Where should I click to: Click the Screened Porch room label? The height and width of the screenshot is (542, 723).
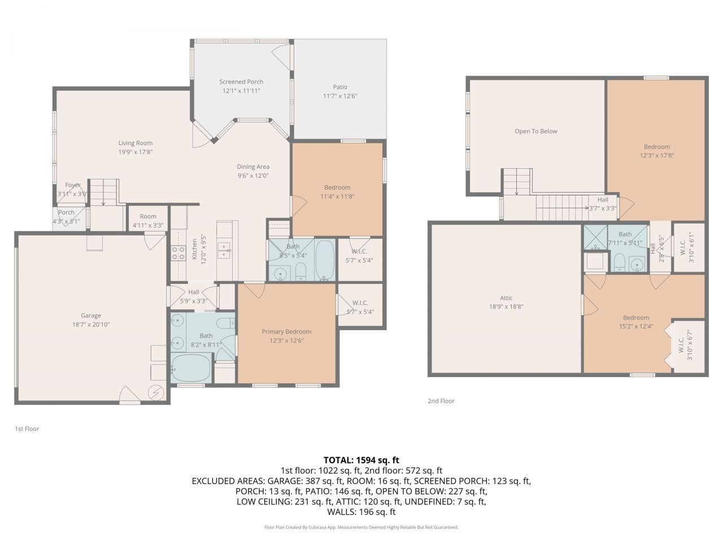(241, 82)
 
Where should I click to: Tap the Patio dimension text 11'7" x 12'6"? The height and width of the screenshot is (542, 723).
(339, 96)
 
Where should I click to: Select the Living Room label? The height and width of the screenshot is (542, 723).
(136, 143)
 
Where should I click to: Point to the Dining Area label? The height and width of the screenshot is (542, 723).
(252, 167)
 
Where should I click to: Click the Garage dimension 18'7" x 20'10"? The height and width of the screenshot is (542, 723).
(90, 325)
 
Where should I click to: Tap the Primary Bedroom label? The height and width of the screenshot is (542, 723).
(286, 331)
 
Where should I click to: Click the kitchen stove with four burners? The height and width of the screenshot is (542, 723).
(178, 253)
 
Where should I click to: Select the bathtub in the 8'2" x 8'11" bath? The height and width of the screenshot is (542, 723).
(191, 369)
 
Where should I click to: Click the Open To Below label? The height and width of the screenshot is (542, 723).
(535, 131)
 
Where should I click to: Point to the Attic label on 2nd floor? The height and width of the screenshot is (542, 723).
(506, 298)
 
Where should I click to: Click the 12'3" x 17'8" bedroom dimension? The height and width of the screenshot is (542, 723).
(656, 155)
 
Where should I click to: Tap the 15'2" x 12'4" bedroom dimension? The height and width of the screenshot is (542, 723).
(636, 326)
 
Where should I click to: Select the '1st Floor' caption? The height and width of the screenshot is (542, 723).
(27, 429)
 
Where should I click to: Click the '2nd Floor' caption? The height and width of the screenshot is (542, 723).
(441, 401)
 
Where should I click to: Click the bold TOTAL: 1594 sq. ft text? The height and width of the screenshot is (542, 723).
(361, 460)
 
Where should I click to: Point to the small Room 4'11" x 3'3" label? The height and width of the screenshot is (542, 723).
(148, 216)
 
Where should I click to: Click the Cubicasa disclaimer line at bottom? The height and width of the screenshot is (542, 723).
(361, 527)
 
